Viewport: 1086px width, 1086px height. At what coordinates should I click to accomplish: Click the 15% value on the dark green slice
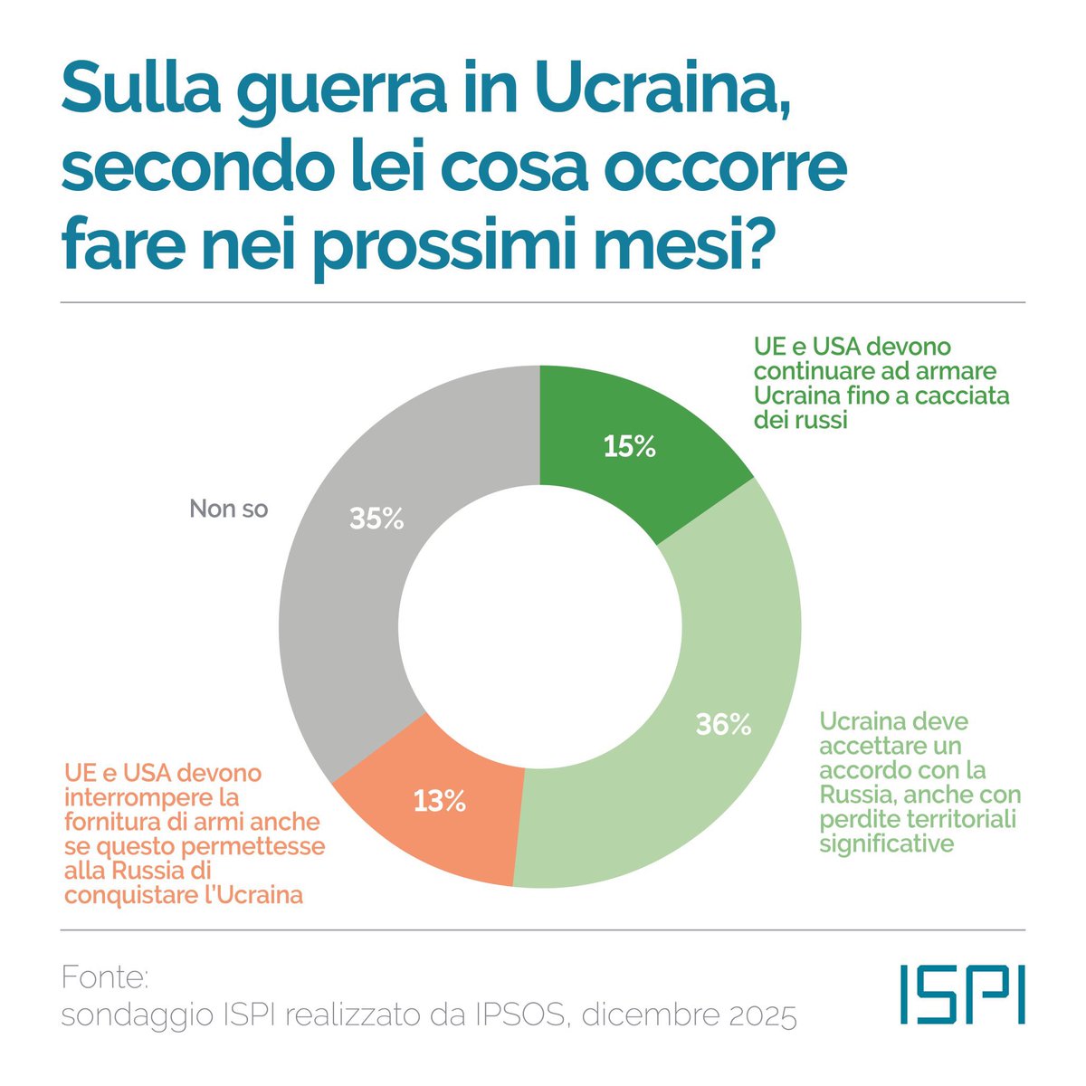tap(629, 446)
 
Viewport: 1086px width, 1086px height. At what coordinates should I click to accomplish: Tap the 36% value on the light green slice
tap(723, 724)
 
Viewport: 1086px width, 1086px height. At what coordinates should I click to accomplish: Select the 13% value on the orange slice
tap(440, 801)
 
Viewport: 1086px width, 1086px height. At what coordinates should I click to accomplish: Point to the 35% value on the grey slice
tap(376, 519)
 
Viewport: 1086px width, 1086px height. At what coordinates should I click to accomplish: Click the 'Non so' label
tap(229, 509)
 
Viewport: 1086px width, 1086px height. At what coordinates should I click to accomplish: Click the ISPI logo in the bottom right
tap(963, 994)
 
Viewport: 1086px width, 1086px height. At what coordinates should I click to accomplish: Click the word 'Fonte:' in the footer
tap(104, 977)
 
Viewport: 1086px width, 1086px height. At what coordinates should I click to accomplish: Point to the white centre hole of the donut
tap(539, 626)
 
